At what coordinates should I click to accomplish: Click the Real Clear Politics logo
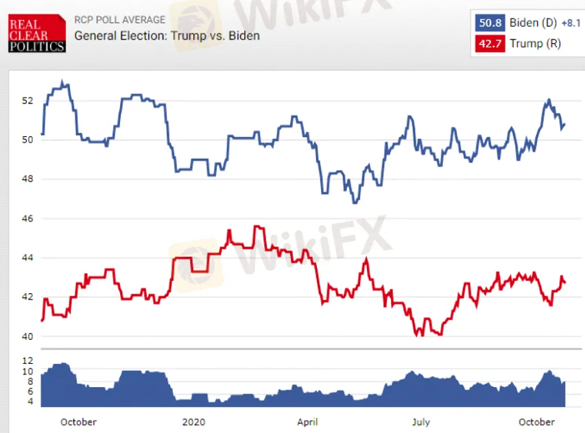pos(37,34)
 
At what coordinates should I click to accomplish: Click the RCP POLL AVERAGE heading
pos(119,20)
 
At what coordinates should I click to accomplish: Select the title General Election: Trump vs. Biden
pos(167,35)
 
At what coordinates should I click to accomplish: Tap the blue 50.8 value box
pos(490,23)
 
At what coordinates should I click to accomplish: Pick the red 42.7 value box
pos(490,44)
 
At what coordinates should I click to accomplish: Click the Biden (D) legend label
pos(533,23)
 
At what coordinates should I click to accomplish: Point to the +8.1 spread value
pos(571,23)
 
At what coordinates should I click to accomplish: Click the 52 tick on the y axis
pos(27,101)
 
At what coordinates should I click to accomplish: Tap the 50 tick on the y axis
pos(27,140)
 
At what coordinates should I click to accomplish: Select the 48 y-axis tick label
pos(27,180)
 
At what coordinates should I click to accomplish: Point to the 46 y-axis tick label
pos(27,219)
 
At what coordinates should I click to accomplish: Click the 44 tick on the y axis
pos(27,258)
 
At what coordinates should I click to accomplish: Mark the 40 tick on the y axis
pos(27,336)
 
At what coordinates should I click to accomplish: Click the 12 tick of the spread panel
pos(27,360)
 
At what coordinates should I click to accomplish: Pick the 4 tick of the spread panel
pos(29,401)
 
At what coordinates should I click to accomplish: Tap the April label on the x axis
pos(307,421)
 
